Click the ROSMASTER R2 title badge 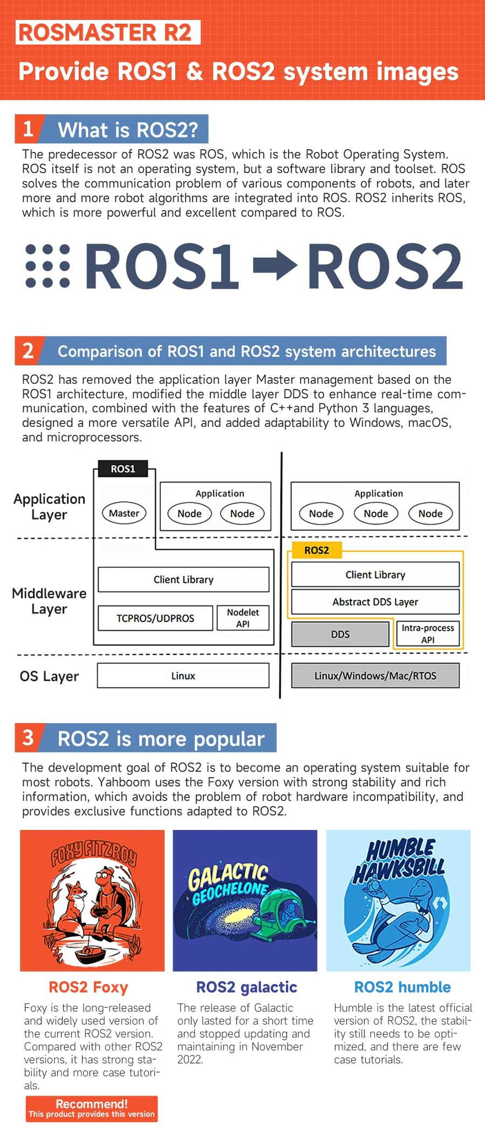pyautogui.click(x=107, y=32)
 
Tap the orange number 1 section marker pyautogui.click(x=28, y=129)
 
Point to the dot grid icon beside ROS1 pyautogui.click(x=48, y=266)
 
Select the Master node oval pyautogui.click(x=123, y=513)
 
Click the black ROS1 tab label pyautogui.click(x=122, y=469)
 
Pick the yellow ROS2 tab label pyautogui.click(x=316, y=550)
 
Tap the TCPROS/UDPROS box pyautogui.click(x=155, y=618)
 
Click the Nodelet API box pyautogui.click(x=242, y=618)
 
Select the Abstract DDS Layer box pyautogui.click(x=375, y=602)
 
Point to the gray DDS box pyautogui.click(x=340, y=634)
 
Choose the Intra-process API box pyautogui.click(x=428, y=634)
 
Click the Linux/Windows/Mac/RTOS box pyautogui.click(x=375, y=676)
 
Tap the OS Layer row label pyautogui.click(x=49, y=676)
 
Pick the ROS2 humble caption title pyautogui.click(x=402, y=987)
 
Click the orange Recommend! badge pyautogui.click(x=91, y=1109)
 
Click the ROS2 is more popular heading pyautogui.click(x=160, y=739)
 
